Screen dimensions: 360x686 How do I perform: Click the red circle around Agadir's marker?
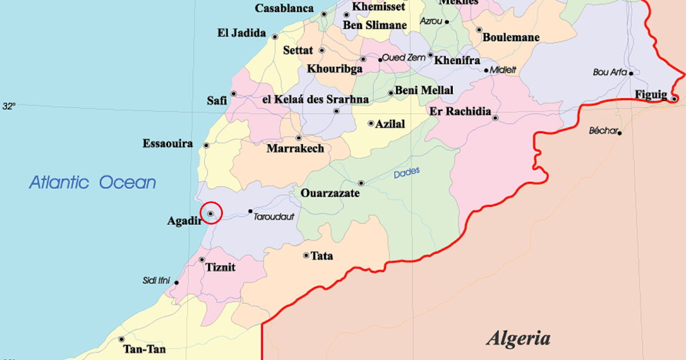(x=211, y=213)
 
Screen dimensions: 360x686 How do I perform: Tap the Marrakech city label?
(x=295, y=149)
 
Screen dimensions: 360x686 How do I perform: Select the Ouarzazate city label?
(x=330, y=194)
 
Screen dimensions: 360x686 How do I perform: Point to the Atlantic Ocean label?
(x=93, y=183)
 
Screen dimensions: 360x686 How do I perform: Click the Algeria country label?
(x=518, y=338)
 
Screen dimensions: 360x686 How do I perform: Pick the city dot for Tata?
(x=306, y=255)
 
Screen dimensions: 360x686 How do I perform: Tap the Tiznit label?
(x=220, y=267)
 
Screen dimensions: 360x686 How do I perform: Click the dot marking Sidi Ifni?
(x=177, y=282)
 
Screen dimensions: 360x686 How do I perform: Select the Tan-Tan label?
(x=141, y=349)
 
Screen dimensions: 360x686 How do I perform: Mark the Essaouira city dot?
(x=206, y=145)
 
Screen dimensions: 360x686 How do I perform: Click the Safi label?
(x=217, y=101)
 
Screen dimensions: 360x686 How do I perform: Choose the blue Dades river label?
(x=406, y=173)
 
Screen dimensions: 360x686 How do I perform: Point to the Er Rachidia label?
(x=460, y=111)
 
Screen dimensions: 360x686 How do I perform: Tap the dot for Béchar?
(x=620, y=133)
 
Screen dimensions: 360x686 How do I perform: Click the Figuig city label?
(x=651, y=95)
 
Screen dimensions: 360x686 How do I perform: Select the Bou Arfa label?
(x=610, y=73)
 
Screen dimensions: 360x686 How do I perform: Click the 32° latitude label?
(x=9, y=106)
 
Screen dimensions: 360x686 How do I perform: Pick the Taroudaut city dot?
(x=250, y=211)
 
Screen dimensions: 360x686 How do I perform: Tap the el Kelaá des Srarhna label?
(x=315, y=99)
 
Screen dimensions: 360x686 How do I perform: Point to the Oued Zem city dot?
(x=380, y=59)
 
